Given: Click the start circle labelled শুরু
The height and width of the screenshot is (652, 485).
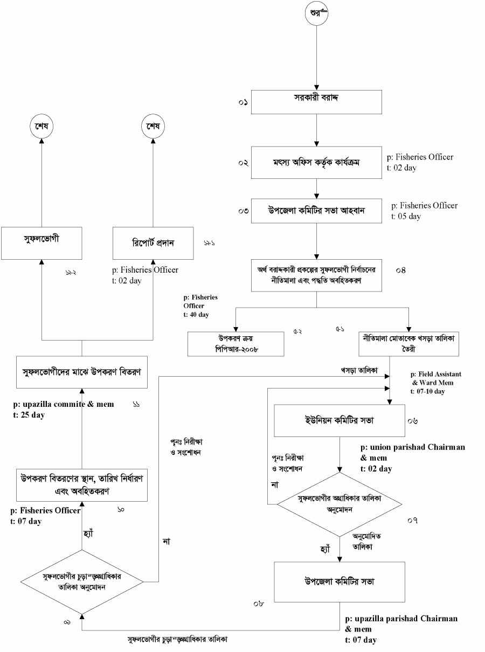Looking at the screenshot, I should point(316,14).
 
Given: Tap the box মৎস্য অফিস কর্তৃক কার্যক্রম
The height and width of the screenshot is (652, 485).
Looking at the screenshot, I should point(316,161).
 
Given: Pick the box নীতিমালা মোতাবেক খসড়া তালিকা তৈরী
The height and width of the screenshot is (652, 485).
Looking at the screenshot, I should point(408,344).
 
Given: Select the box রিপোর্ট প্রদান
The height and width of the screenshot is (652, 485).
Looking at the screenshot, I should point(153,243).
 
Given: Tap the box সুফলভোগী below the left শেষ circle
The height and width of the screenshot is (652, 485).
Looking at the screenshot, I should point(41,243).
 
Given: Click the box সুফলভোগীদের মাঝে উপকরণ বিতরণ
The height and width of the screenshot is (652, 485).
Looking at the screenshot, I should point(81,372).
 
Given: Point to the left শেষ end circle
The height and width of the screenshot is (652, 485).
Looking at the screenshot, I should point(41,127).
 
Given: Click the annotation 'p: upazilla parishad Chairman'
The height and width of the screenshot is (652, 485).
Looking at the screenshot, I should point(401,619).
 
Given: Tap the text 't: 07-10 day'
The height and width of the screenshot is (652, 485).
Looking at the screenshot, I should point(428,392).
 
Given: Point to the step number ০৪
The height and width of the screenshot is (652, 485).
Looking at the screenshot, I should point(400,270).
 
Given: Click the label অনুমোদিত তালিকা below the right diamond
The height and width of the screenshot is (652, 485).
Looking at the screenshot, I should point(363,542).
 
